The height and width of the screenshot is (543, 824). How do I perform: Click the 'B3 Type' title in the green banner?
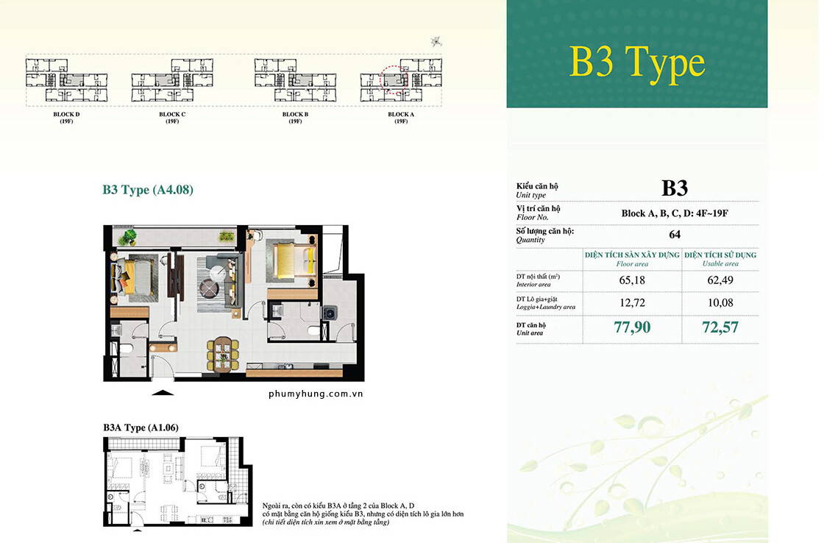(637, 63)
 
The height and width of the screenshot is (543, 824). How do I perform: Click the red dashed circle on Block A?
(394, 80)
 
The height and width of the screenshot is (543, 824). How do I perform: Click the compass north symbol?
(437, 41)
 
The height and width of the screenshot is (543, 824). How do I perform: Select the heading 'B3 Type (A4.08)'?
(148, 190)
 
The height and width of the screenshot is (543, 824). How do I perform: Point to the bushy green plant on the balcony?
(130, 237)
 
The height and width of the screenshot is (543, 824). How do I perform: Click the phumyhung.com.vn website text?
(316, 394)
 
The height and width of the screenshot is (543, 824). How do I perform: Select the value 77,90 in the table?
(632, 327)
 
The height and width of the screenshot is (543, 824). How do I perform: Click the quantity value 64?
(674, 235)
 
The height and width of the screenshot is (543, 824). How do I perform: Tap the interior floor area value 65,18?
(632, 280)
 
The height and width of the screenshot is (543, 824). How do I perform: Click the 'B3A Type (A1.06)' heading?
(141, 427)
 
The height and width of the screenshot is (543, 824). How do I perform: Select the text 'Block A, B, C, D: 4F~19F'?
(674, 213)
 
